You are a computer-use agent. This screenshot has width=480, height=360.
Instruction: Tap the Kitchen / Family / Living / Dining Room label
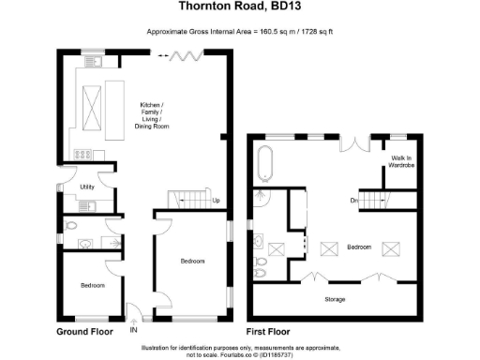[x=151, y=113]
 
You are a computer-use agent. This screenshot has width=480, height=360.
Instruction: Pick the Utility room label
[x=88, y=187]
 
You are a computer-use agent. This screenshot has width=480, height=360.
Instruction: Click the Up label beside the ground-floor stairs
[x=216, y=201]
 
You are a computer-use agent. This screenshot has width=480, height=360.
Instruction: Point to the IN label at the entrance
[x=133, y=331]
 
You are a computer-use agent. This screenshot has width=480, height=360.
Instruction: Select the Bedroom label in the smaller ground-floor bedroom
[x=92, y=285]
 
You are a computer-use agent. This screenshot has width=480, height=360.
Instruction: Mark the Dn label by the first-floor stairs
[x=354, y=200]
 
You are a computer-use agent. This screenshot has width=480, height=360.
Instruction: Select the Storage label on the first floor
[x=335, y=299]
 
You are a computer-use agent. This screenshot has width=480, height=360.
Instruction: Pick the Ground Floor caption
[x=85, y=332]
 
